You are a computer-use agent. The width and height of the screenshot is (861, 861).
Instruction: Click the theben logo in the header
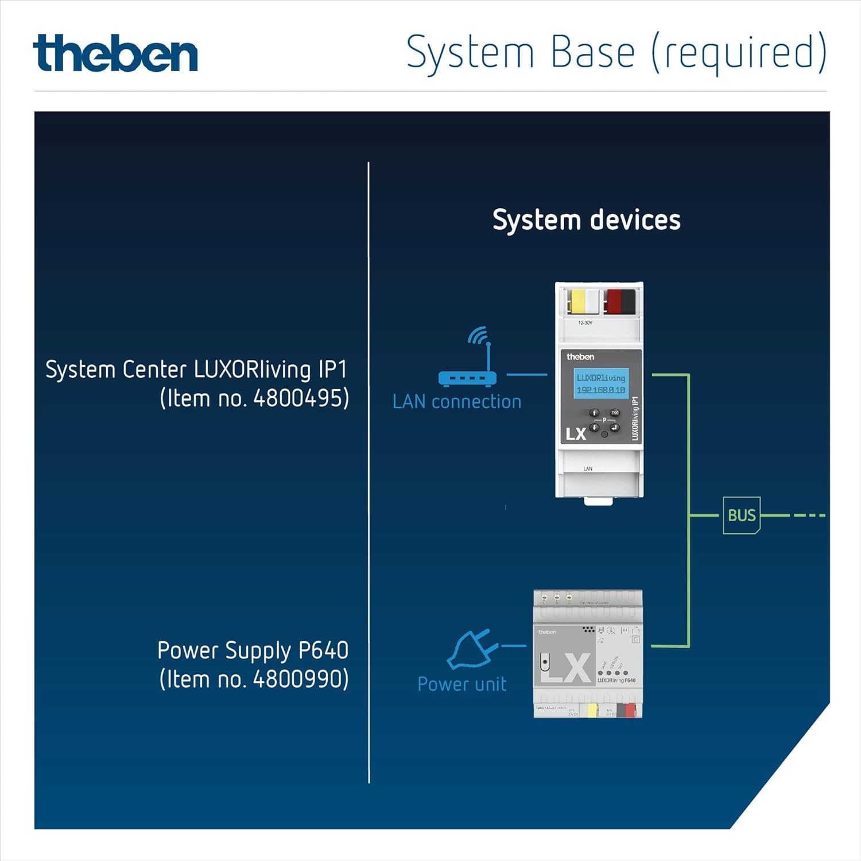[115, 53]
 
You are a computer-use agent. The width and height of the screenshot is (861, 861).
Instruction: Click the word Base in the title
[592, 52]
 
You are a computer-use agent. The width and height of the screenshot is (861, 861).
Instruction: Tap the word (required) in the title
[739, 52]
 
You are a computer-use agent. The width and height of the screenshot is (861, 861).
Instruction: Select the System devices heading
[586, 220]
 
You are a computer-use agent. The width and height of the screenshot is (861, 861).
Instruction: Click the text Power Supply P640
[253, 650]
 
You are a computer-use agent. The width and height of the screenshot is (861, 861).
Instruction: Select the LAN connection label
[457, 402]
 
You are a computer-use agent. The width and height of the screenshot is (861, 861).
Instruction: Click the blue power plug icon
[472, 649]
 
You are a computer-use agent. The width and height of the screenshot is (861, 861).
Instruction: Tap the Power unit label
[462, 684]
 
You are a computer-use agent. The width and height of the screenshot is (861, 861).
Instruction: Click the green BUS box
[742, 515]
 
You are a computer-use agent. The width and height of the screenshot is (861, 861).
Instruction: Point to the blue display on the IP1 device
[601, 383]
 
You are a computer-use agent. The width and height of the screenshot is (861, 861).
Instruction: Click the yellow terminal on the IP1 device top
[577, 301]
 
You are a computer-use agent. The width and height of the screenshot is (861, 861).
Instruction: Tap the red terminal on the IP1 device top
[614, 301]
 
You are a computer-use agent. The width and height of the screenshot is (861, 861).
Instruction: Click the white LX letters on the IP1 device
[576, 434]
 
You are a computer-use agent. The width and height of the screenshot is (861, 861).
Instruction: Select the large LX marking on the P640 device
[565, 669]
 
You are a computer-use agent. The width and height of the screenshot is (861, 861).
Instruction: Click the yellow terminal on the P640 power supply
[592, 711]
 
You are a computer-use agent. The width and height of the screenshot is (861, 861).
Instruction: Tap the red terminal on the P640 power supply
[630, 711]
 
